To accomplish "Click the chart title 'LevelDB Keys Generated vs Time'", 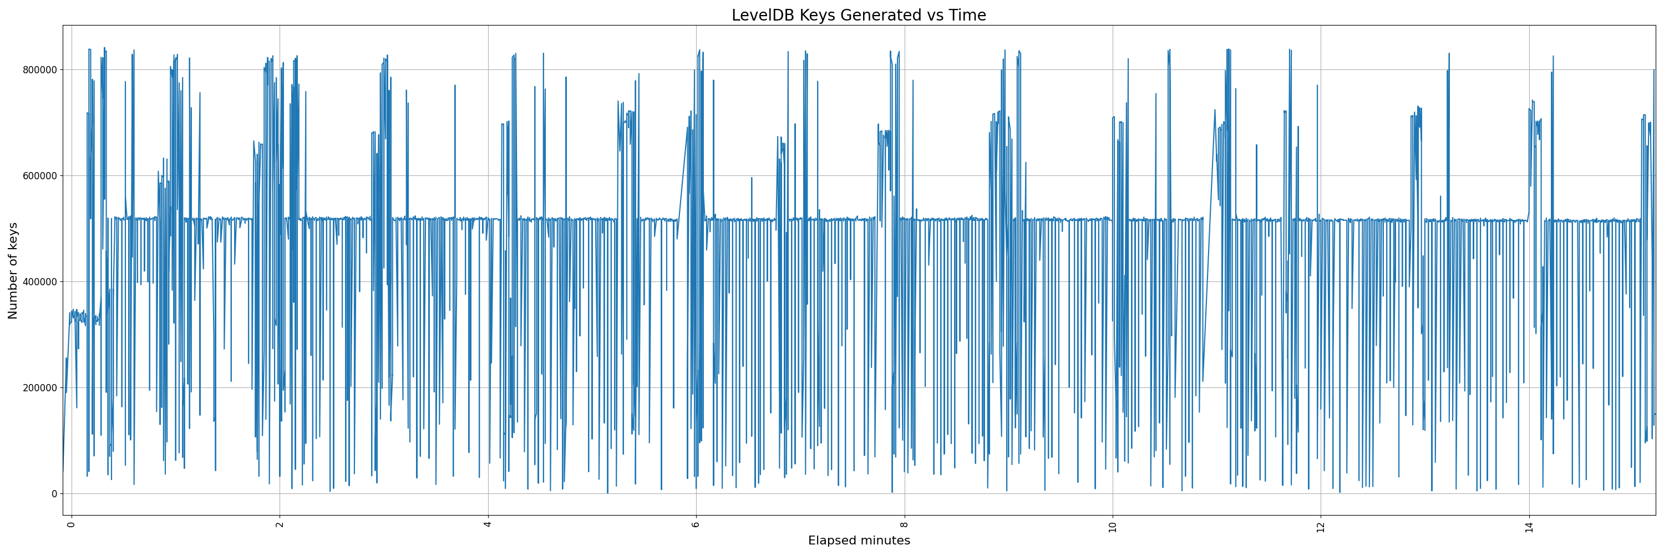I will coord(859,16).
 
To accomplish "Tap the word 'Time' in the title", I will coord(968,16).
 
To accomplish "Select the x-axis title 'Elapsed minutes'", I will coord(859,541).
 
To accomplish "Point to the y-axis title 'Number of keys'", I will coord(13,271).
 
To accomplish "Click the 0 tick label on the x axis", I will coord(71,524).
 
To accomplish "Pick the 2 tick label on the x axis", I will coord(280,524).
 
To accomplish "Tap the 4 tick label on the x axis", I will coord(488,524).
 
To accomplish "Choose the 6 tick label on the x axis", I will coord(696,524).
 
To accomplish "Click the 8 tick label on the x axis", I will coord(904,524).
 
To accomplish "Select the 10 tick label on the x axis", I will coord(1112,526).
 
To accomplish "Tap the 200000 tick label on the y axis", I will coord(40,387).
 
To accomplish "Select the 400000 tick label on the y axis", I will coord(40,282).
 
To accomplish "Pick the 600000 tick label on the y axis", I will coord(40,176).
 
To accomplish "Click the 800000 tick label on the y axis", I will coord(40,70).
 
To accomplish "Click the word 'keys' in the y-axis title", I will coord(13,236).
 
